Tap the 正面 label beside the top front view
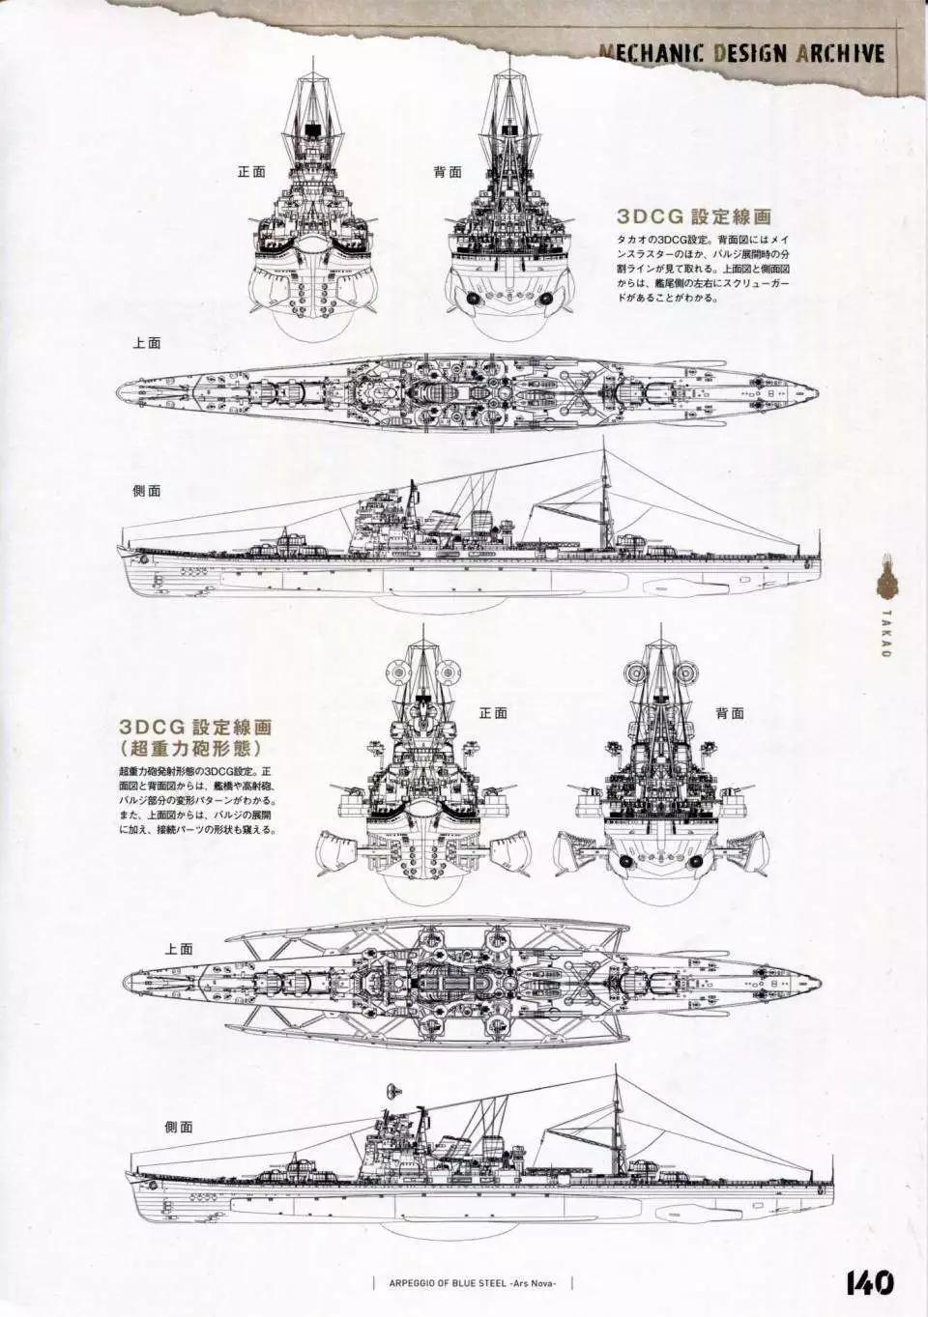click(251, 172)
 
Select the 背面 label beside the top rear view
click(448, 172)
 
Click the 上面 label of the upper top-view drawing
click(147, 343)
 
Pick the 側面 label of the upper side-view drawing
click(147, 490)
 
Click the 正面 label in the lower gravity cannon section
click(492, 713)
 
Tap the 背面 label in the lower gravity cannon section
click(730, 713)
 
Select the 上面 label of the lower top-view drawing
click(179, 948)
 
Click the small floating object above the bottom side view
click(391, 1089)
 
